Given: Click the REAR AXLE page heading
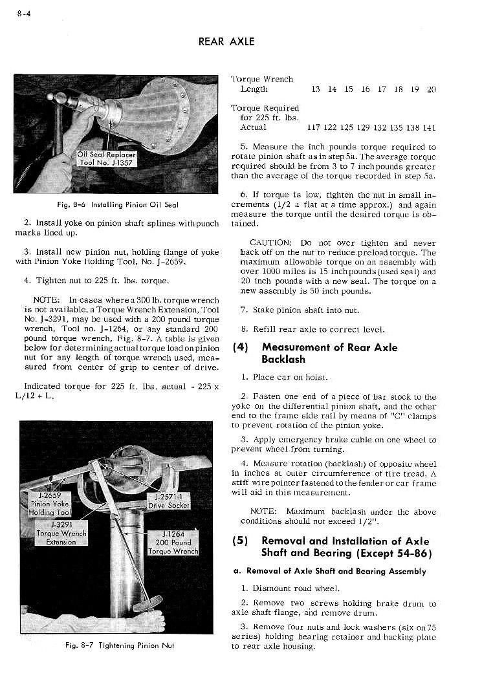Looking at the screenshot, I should (226, 41).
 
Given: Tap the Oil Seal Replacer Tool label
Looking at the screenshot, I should (106, 158).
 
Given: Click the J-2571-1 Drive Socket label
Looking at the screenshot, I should (168, 501).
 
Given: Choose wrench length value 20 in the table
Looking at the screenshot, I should (432, 89).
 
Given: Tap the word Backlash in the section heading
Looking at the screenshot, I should (283, 360).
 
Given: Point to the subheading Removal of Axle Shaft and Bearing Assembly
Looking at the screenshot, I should (329, 571).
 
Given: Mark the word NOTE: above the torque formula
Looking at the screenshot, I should (47, 299).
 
